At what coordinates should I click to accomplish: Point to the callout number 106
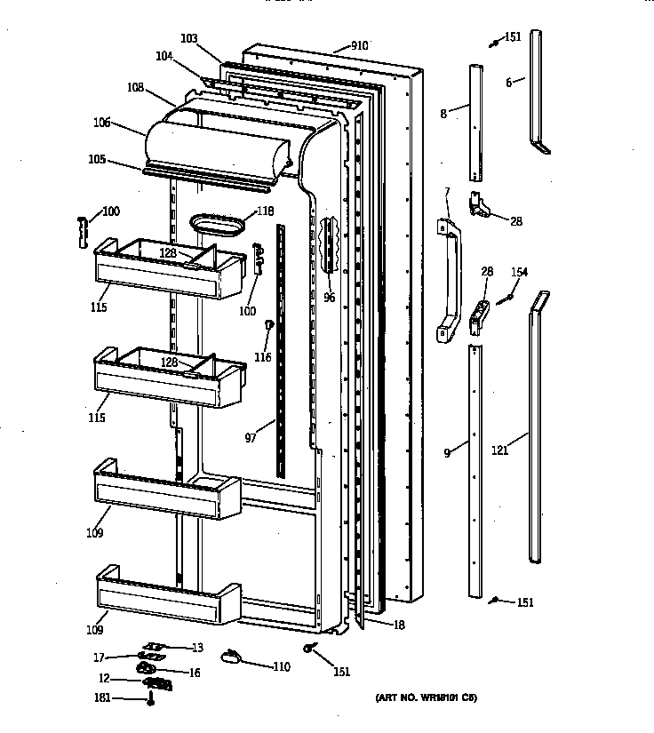pyautogui.click(x=102, y=123)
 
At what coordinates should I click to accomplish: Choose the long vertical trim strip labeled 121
pyautogui.click(x=537, y=426)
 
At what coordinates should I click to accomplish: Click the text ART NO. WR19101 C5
pyautogui.click(x=425, y=698)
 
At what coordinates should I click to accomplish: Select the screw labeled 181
pyautogui.click(x=151, y=699)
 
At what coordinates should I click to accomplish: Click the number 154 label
pyautogui.click(x=519, y=272)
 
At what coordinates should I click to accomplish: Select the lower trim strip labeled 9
pyautogui.click(x=479, y=471)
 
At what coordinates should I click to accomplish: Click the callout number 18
pyautogui.click(x=397, y=625)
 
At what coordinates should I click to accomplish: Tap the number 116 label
pyautogui.click(x=261, y=357)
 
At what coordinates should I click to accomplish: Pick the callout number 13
pyautogui.click(x=196, y=647)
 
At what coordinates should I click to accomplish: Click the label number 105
pyautogui.click(x=97, y=160)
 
